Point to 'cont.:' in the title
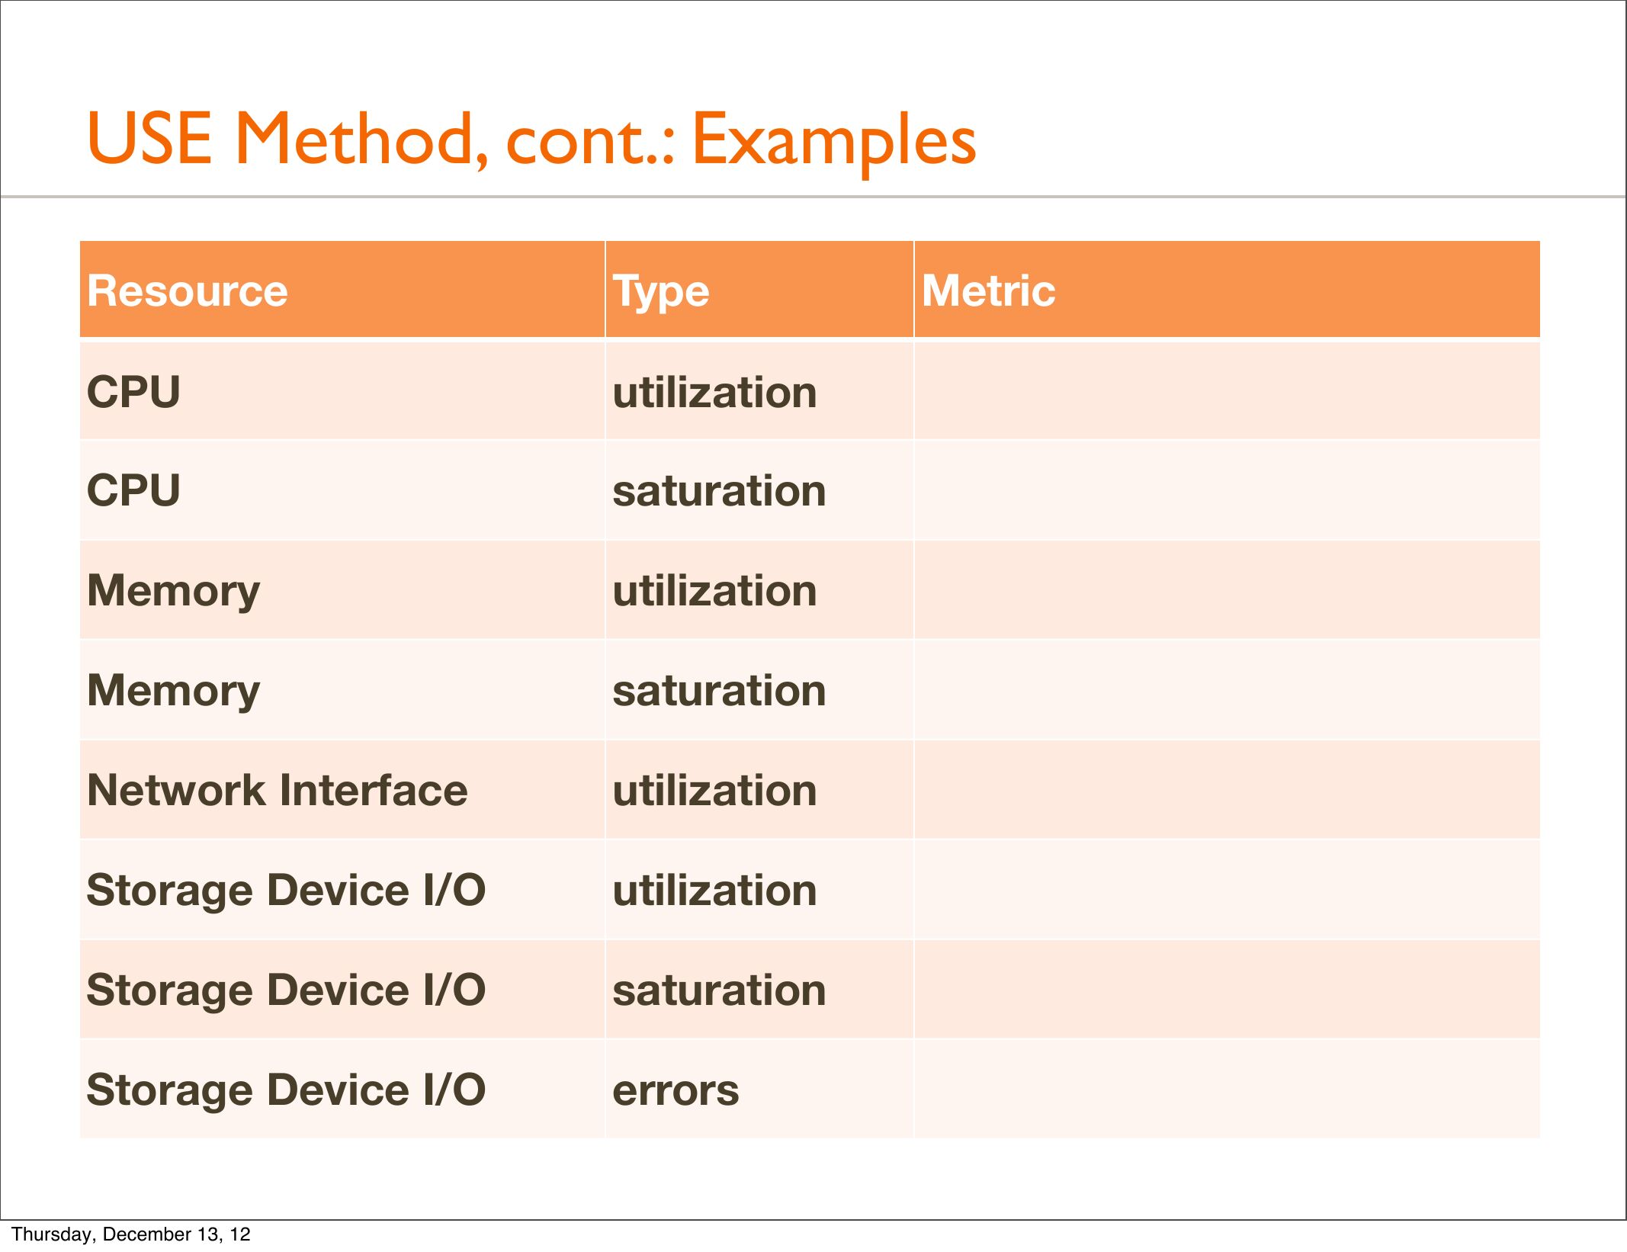[x=590, y=143]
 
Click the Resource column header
[x=188, y=291]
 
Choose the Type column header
[x=661, y=293]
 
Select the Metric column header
[x=989, y=291]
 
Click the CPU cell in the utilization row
[x=133, y=392]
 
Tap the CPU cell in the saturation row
[x=133, y=490]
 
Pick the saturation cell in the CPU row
[x=719, y=490]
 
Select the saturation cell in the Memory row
[x=719, y=691]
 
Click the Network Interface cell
[x=278, y=790]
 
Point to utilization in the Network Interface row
[x=714, y=790]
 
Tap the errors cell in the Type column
[x=676, y=1091]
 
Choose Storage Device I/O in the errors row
[x=286, y=1090]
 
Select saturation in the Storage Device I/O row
[x=719, y=990]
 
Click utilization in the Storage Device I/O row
[x=714, y=890]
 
